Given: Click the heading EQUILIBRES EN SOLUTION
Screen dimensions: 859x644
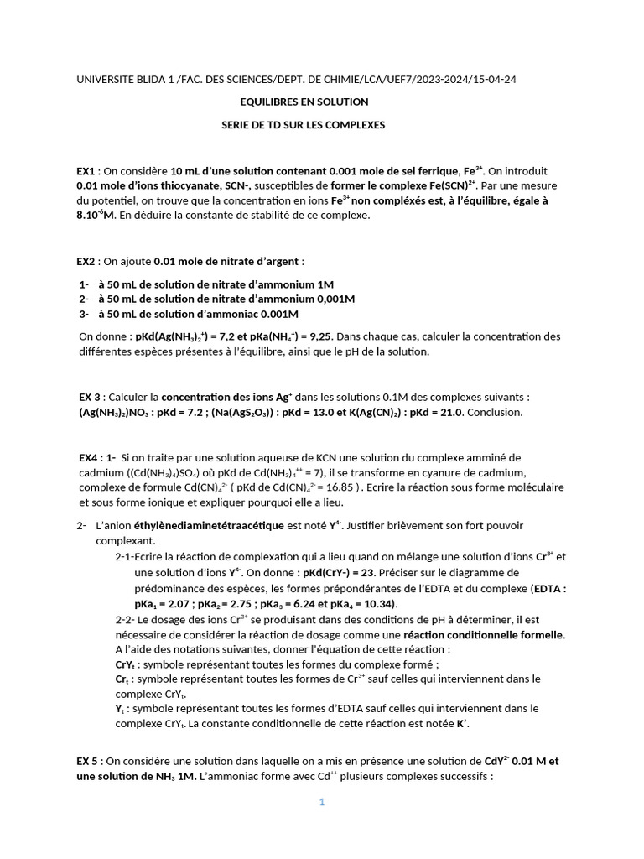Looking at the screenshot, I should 304,102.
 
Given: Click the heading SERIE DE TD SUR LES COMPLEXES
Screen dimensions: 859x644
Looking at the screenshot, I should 303,124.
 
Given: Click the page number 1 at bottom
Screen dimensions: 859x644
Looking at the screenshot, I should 321,802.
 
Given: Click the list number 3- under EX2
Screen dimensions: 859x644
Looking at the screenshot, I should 84,315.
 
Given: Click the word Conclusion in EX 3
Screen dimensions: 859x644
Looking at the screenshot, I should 494,412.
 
